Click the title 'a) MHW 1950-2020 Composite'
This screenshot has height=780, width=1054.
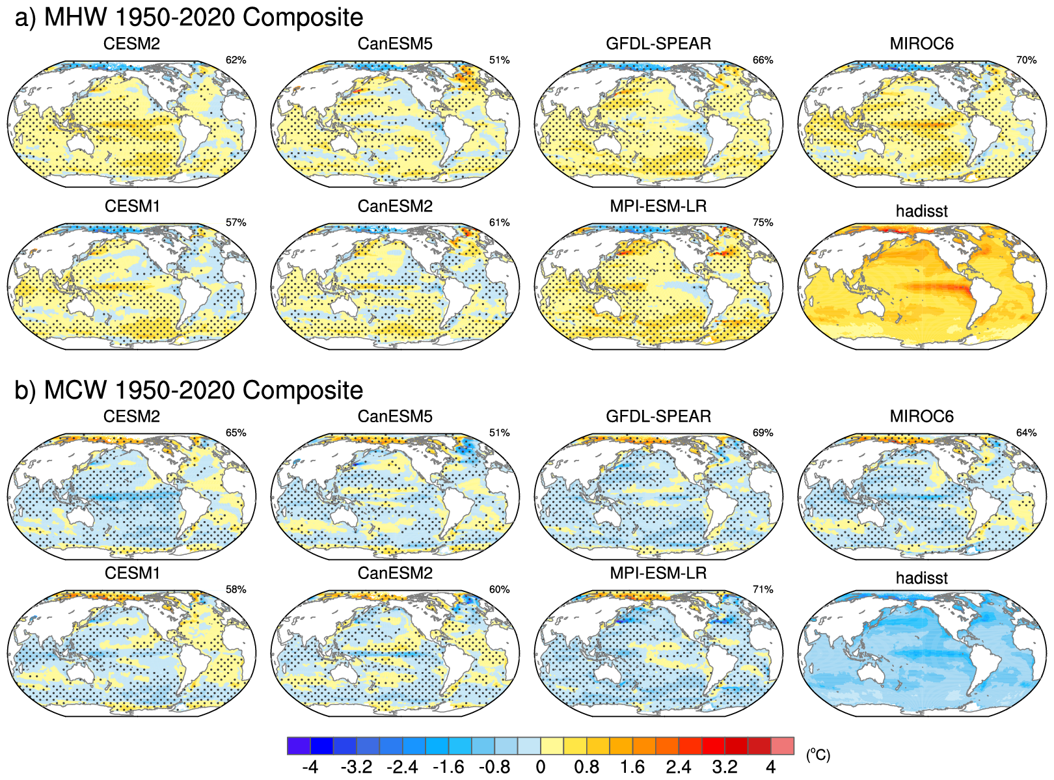189,18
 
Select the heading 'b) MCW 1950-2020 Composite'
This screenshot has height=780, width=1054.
189,390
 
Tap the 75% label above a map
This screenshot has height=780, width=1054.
763,222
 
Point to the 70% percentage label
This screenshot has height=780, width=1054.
1026,60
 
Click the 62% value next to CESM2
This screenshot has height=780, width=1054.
236,60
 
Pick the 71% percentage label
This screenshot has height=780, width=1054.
763,589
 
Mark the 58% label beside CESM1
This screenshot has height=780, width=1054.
236,589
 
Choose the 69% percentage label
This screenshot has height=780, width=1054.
763,433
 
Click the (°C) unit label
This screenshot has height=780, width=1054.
818,755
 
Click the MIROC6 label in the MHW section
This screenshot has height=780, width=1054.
921,44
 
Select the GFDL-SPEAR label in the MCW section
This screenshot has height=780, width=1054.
658,416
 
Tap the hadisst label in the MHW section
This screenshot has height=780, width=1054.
921,211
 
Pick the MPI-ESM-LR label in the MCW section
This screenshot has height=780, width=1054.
658,573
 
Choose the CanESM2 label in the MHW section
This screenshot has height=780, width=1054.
395,206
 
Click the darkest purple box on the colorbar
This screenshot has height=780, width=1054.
299,746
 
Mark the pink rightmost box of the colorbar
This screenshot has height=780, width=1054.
782,746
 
